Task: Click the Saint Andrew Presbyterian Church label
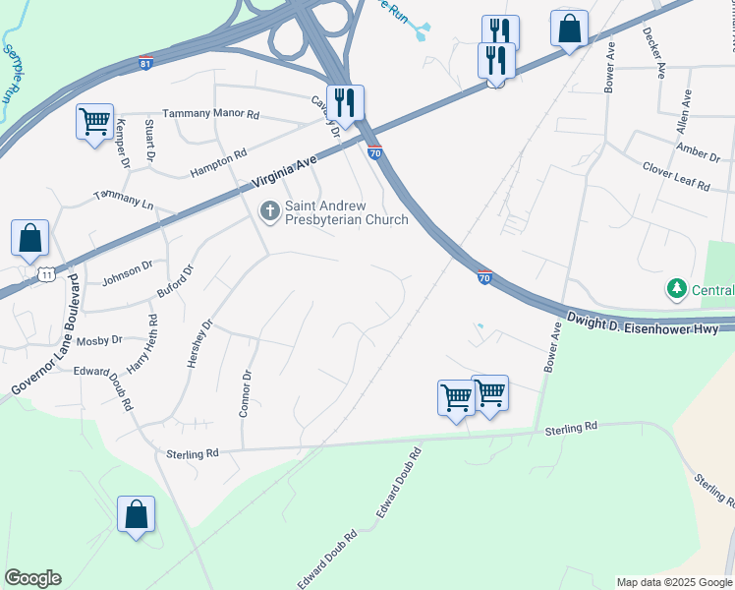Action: pos(346,212)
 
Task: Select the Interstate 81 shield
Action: pos(145,62)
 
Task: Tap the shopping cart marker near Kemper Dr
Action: pos(95,122)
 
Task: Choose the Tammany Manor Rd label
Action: pos(210,115)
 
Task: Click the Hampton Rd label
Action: pos(219,158)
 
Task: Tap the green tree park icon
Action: pos(675,289)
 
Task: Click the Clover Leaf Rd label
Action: pos(675,176)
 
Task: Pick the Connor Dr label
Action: pos(246,393)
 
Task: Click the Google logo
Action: pos(32,578)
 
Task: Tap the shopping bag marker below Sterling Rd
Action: pos(136,514)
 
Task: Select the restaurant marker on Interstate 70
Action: pos(345,101)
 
